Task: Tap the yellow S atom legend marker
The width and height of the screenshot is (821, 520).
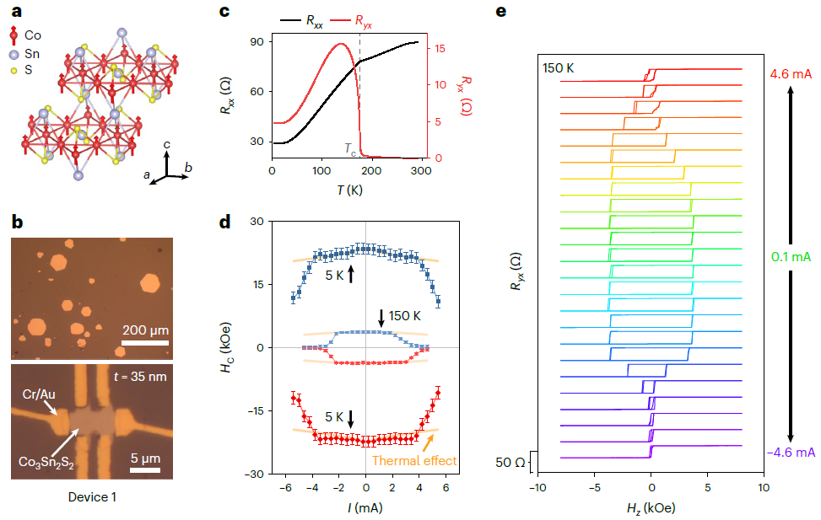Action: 14,72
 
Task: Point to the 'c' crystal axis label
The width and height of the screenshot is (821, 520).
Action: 167,146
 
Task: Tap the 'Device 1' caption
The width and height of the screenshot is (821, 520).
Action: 91,496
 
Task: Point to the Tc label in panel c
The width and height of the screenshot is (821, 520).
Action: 350,148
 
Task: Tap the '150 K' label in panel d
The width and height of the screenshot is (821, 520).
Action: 403,315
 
